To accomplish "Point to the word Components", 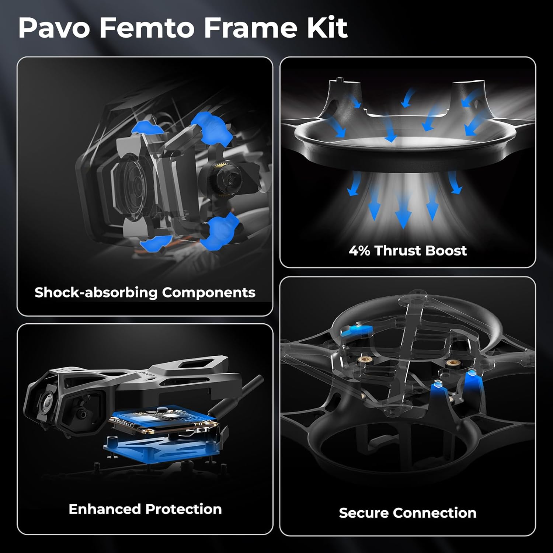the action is (x=209, y=293).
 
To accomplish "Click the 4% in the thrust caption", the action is (x=359, y=251).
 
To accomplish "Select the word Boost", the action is (x=446, y=251).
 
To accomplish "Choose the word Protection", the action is (x=184, y=509).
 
